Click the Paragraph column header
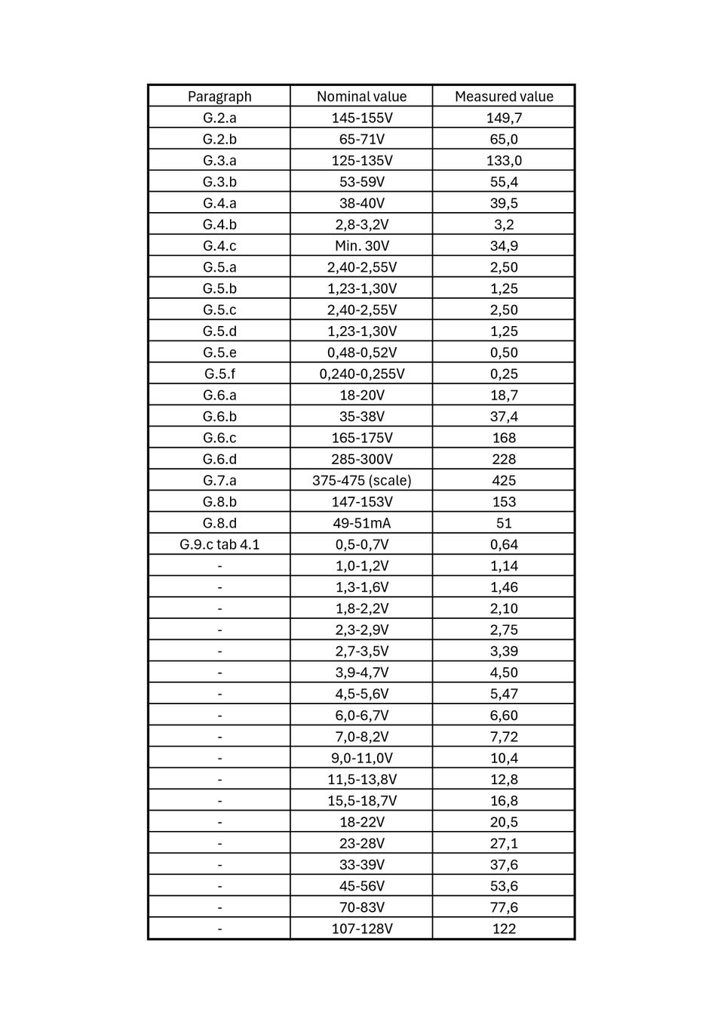[219, 96]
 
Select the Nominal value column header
[361, 96]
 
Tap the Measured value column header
[504, 96]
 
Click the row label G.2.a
[219, 118]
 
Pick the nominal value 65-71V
[361, 139]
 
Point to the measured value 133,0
[504, 160]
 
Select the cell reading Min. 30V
[361, 245]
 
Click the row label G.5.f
[219, 374]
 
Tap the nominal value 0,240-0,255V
[361, 374]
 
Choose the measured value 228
[504, 459]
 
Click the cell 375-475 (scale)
[361, 480]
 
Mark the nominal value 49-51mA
[361, 523]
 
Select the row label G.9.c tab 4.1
[219, 544]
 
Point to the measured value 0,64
[504, 544]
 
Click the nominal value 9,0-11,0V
[361, 758]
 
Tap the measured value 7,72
[504, 737]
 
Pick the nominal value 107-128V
[361, 928]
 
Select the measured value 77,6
[504, 907]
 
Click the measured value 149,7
[504, 118]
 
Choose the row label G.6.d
[219, 459]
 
